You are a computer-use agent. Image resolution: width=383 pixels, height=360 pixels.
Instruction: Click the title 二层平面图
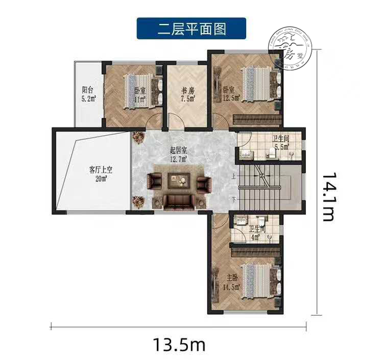tap(191, 28)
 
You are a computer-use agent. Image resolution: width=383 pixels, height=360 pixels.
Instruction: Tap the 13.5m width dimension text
tap(179, 344)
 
